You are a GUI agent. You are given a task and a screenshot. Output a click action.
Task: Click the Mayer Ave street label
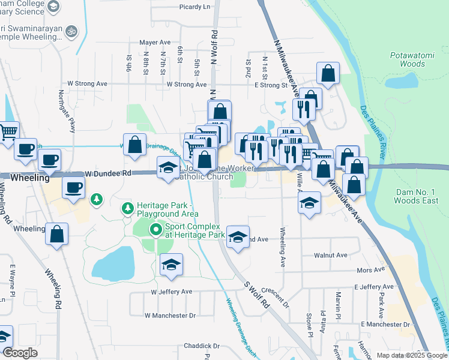pos(155,43)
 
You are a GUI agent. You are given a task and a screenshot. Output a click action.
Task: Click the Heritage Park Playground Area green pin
pos(127,209)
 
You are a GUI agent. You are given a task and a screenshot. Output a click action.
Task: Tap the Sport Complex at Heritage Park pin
pos(156,229)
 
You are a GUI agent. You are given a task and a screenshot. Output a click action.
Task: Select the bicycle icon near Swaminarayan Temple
pos(71,30)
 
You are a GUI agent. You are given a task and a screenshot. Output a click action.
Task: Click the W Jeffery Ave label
pos(171,292)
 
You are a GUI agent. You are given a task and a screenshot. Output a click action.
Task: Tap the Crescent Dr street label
pos(276,296)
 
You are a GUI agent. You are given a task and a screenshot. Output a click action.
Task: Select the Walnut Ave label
pos(331,255)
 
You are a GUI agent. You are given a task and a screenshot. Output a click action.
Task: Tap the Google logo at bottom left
pos(20,353)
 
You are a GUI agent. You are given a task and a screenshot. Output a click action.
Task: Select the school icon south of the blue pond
pos(171,265)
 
